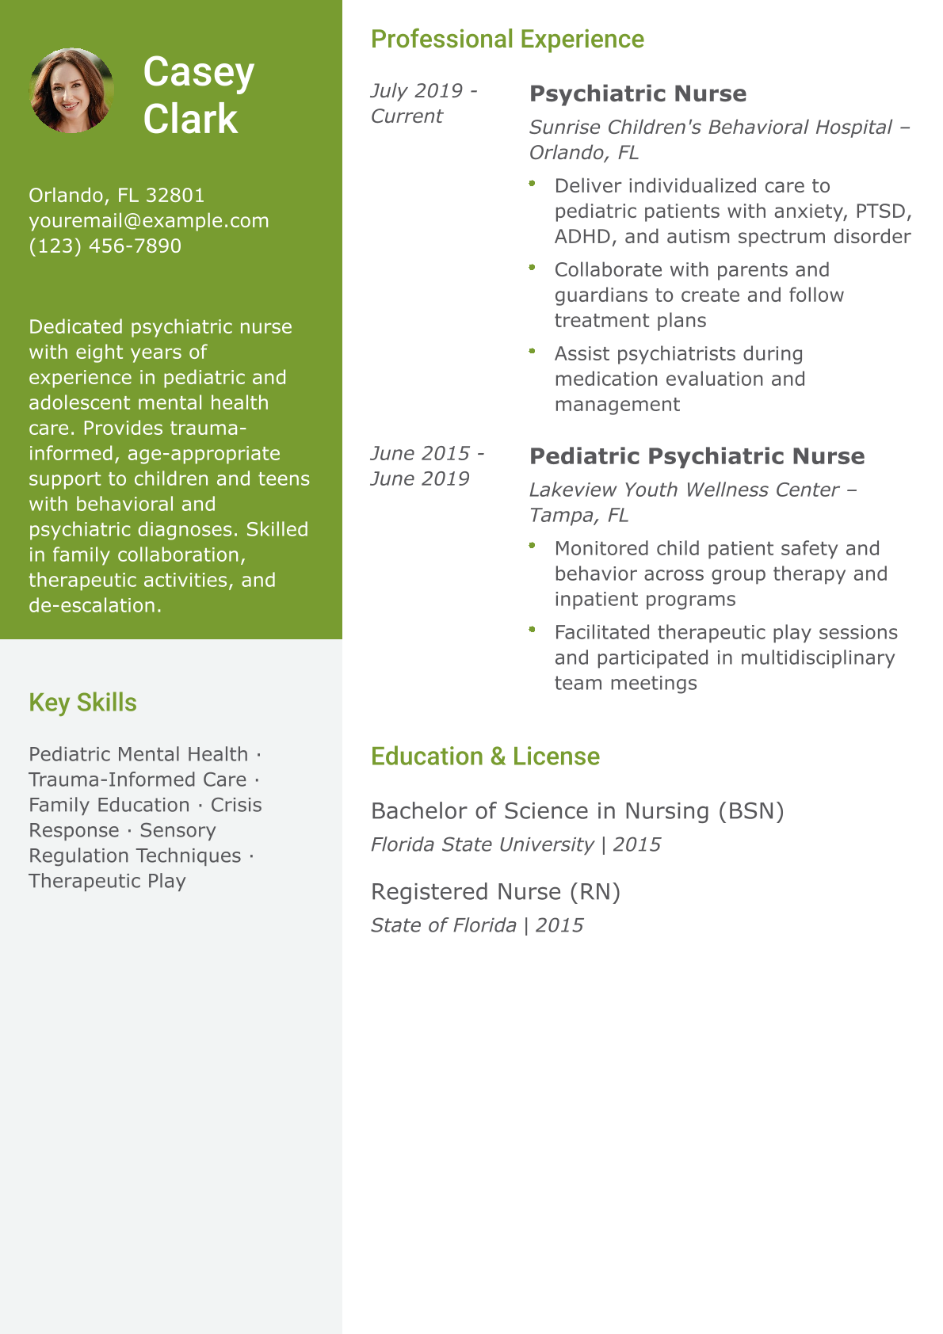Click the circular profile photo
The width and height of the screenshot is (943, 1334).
71,90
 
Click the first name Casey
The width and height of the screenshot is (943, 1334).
198,72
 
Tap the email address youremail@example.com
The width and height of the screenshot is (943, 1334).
149,220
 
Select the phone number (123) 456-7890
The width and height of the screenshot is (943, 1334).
105,246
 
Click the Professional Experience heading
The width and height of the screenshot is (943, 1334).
507,39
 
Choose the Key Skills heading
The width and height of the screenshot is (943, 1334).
82,703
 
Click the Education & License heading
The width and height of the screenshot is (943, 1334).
485,757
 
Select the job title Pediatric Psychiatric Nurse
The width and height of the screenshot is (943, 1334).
697,456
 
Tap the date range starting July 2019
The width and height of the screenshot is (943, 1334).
424,103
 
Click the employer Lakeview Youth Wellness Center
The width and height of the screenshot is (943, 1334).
684,490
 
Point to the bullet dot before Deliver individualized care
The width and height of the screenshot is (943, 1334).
533,184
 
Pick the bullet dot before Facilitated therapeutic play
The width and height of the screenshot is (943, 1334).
533,631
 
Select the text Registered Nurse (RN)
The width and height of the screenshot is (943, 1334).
495,892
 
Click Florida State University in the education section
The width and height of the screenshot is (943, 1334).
482,844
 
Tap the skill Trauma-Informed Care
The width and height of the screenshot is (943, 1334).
137,779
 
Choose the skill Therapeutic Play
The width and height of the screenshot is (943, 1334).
107,881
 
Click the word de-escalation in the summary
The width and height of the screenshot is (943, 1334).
94,605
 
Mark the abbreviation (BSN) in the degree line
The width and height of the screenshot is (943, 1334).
750,811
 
